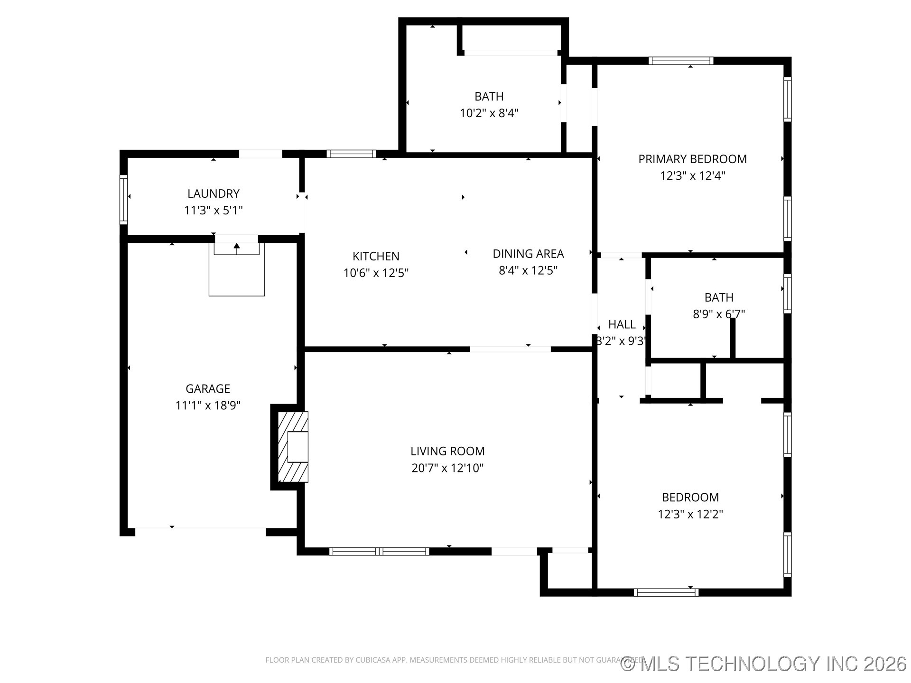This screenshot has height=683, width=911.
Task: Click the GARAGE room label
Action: [x=207, y=389]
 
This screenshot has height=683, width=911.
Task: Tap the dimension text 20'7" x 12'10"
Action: [x=447, y=468]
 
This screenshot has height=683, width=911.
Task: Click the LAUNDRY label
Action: [x=213, y=194]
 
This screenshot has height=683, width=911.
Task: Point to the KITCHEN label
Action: [x=376, y=256]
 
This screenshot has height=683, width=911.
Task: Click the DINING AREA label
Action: [x=528, y=254]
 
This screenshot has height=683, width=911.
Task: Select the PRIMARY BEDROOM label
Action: [x=692, y=159]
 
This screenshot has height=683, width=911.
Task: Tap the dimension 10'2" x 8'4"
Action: [x=489, y=113]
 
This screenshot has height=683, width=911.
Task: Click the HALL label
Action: [x=622, y=324]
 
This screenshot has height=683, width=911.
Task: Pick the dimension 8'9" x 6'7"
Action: [x=718, y=314]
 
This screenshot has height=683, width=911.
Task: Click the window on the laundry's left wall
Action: [x=123, y=199]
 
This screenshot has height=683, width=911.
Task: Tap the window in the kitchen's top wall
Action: [x=351, y=154]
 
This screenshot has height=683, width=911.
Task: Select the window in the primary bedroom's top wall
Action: [x=680, y=61]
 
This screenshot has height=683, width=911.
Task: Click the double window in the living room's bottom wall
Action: [x=379, y=551]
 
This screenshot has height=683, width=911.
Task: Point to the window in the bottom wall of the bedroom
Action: [x=666, y=592]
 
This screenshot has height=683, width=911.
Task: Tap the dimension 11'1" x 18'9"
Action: [x=208, y=406]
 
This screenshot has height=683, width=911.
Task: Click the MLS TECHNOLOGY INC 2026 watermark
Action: [x=764, y=664]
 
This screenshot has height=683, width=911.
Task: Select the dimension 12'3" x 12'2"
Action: [x=690, y=514]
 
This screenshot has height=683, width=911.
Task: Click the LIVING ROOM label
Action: [x=447, y=451]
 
